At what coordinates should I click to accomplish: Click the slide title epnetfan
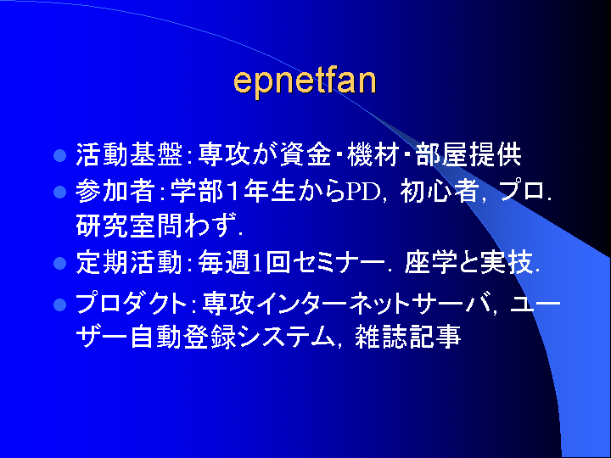[x=305, y=82]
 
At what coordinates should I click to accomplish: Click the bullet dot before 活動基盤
[x=60, y=156]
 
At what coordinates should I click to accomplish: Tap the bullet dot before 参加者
[x=60, y=192]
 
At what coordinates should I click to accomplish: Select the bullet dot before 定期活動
[x=60, y=263]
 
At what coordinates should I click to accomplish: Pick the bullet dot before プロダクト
[x=60, y=304]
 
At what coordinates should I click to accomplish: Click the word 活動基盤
[x=129, y=155]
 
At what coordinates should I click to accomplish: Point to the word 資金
[x=305, y=155]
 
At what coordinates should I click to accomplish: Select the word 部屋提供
[x=468, y=155]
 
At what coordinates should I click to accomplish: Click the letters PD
[x=363, y=192]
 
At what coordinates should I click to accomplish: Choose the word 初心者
[x=440, y=192]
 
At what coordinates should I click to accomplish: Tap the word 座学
[x=430, y=263]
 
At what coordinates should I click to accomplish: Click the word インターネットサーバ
[x=373, y=304]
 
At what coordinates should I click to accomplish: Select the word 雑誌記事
[x=408, y=337]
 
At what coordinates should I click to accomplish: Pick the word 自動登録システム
[x=233, y=337]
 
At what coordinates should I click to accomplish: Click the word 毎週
[x=224, y=263]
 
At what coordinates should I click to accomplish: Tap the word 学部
[x=197, y=192]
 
